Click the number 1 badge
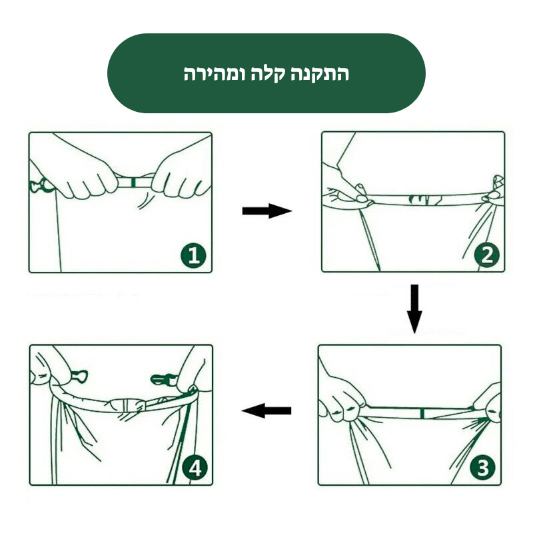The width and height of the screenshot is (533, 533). (x=193, y=255)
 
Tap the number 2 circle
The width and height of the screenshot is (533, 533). (x=486, y=255)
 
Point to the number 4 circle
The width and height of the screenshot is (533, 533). (x=195, y=468)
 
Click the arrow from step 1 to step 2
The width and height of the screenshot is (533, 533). (x=266, y=211)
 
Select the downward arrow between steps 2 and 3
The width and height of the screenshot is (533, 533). (x=414, y=308)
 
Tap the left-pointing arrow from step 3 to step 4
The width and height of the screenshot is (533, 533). (x=266, y=410)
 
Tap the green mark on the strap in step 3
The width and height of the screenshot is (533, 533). (x=422, y=414)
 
